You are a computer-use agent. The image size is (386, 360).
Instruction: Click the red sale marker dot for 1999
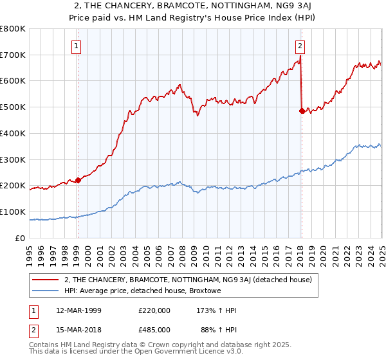(x=78, y=180)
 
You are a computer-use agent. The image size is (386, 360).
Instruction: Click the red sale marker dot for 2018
(x=302, y=111)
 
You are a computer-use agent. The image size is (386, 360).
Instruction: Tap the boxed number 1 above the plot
(x=77, y=45)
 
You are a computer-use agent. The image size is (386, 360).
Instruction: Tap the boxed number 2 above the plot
(x=300, y=45)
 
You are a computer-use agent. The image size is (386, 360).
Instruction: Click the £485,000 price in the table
(x=154, y=329)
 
